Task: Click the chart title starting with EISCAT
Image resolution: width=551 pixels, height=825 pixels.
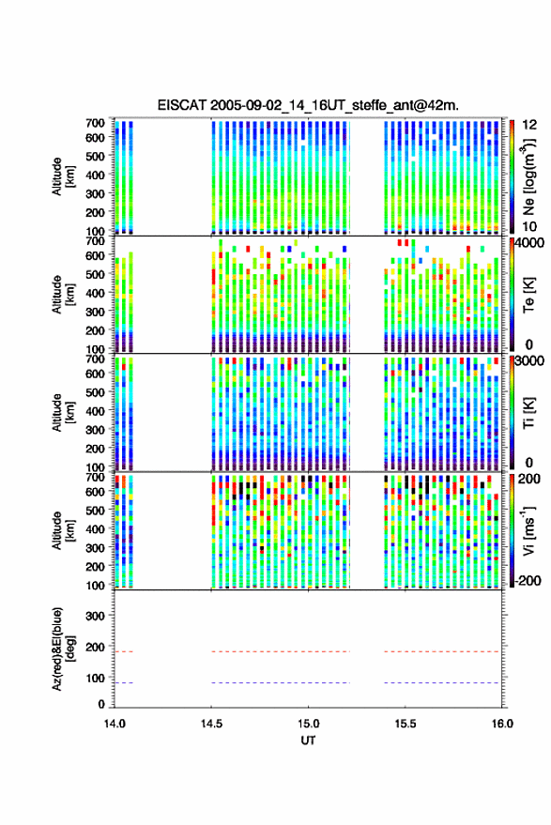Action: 308,105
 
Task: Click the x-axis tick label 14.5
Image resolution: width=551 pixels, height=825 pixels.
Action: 211,724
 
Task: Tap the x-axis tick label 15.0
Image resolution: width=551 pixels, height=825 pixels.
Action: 308,724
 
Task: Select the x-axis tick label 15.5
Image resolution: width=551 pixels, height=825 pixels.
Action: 406,724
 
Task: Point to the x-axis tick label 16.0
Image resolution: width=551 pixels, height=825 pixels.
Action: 502,724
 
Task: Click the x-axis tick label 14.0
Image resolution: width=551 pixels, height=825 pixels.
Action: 115,724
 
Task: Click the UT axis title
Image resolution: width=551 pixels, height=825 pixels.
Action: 308,741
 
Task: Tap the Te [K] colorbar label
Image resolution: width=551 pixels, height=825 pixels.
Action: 528,295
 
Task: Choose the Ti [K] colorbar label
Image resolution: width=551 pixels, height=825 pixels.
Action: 528,413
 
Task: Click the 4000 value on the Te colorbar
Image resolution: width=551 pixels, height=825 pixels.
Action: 530,243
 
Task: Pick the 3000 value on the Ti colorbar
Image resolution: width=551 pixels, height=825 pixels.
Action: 530,361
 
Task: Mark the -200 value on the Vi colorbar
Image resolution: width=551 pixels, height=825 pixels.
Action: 528,581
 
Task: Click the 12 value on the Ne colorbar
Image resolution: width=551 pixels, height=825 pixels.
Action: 530,125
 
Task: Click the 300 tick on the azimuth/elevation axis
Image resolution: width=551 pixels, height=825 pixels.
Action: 95,616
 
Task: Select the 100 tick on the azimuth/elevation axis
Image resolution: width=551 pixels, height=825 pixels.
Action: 95,679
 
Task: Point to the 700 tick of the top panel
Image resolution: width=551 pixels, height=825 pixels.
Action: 95,123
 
